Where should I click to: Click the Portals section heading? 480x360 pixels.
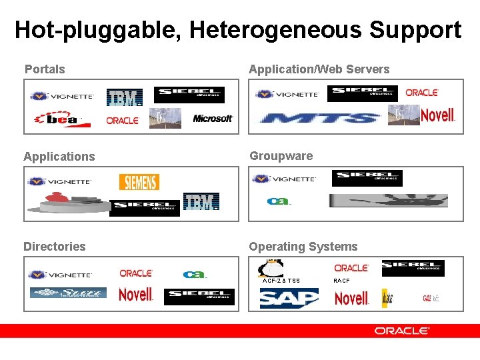pyautogui.click(x=45, y=69)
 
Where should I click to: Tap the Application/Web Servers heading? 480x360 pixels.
pyautogui.click(x=319, y=69)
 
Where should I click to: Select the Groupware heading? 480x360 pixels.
pyautogui.click(x=281, y=156)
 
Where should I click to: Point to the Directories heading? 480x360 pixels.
pyautogui.click(x=55, y=247)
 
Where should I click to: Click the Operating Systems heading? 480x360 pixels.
pyautogui.click(x=303, y=247)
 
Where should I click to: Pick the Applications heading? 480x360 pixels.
pyautogui.click(x=59, y=157)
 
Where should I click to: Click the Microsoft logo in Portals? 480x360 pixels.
pyautogui.click(x=213, y=119)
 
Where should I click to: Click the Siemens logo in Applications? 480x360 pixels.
pyautogui.click(x=139, y=182)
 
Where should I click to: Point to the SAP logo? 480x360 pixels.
pyautogui.click(x=289, y=298)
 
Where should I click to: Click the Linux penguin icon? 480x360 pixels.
pyautogui.click(x=272, y=267)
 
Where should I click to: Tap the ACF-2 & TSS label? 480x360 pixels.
pyautogui.click(x=281, y=281)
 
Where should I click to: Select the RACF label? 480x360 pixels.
pyautogui.click(x=341, y=281)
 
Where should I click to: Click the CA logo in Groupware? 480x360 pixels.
pyautogui.click(x=279, y=201)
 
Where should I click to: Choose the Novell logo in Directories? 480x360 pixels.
pyautogui.click(x=135, y=294)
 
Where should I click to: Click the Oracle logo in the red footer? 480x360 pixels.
pyautogui.click(x=402, y=331)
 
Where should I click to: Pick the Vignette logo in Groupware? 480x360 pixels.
pyautogui.click(x=285, y=179)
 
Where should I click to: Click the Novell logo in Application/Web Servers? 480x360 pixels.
pyautogui.click(x=437, y=115)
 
